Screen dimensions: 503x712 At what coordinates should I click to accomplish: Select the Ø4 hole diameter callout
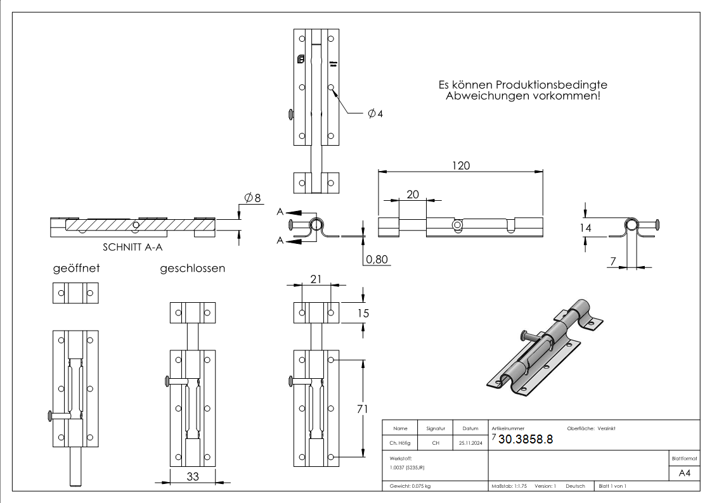tap(375, 113)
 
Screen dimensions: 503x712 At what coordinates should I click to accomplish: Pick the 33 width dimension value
tap(193, 476)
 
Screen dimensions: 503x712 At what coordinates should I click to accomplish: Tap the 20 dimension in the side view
tap(413, 195)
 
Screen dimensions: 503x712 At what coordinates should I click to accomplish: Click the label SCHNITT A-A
tap(131, 249)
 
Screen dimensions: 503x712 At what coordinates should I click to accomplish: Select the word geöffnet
tap(75, 269)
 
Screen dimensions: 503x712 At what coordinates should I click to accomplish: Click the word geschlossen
tap(192, 269)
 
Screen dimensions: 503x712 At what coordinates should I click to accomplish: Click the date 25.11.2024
tap(470, 443)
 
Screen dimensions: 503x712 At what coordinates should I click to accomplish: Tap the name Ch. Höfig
tap(399, 443)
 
